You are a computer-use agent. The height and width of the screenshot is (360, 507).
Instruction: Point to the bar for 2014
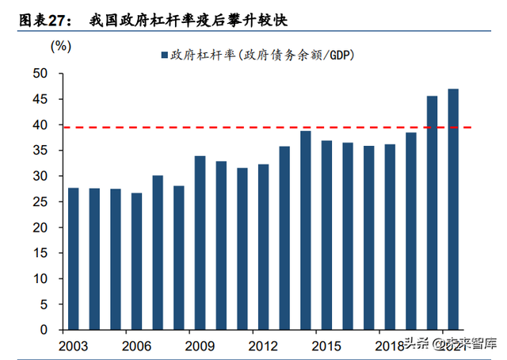tap(305, 230)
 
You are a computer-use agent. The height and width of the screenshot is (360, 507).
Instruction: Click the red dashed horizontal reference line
tap(238, 127)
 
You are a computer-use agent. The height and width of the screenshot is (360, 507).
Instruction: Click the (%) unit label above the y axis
tap(61, 46)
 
